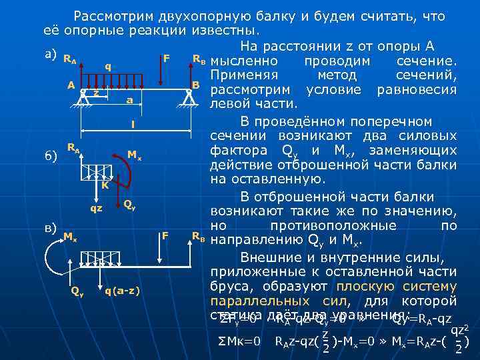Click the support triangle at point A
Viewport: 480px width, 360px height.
[x=83, y=97]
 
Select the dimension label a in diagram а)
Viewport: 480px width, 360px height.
[x=129, y=100]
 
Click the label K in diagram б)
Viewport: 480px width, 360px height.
[x=105, y=186]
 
